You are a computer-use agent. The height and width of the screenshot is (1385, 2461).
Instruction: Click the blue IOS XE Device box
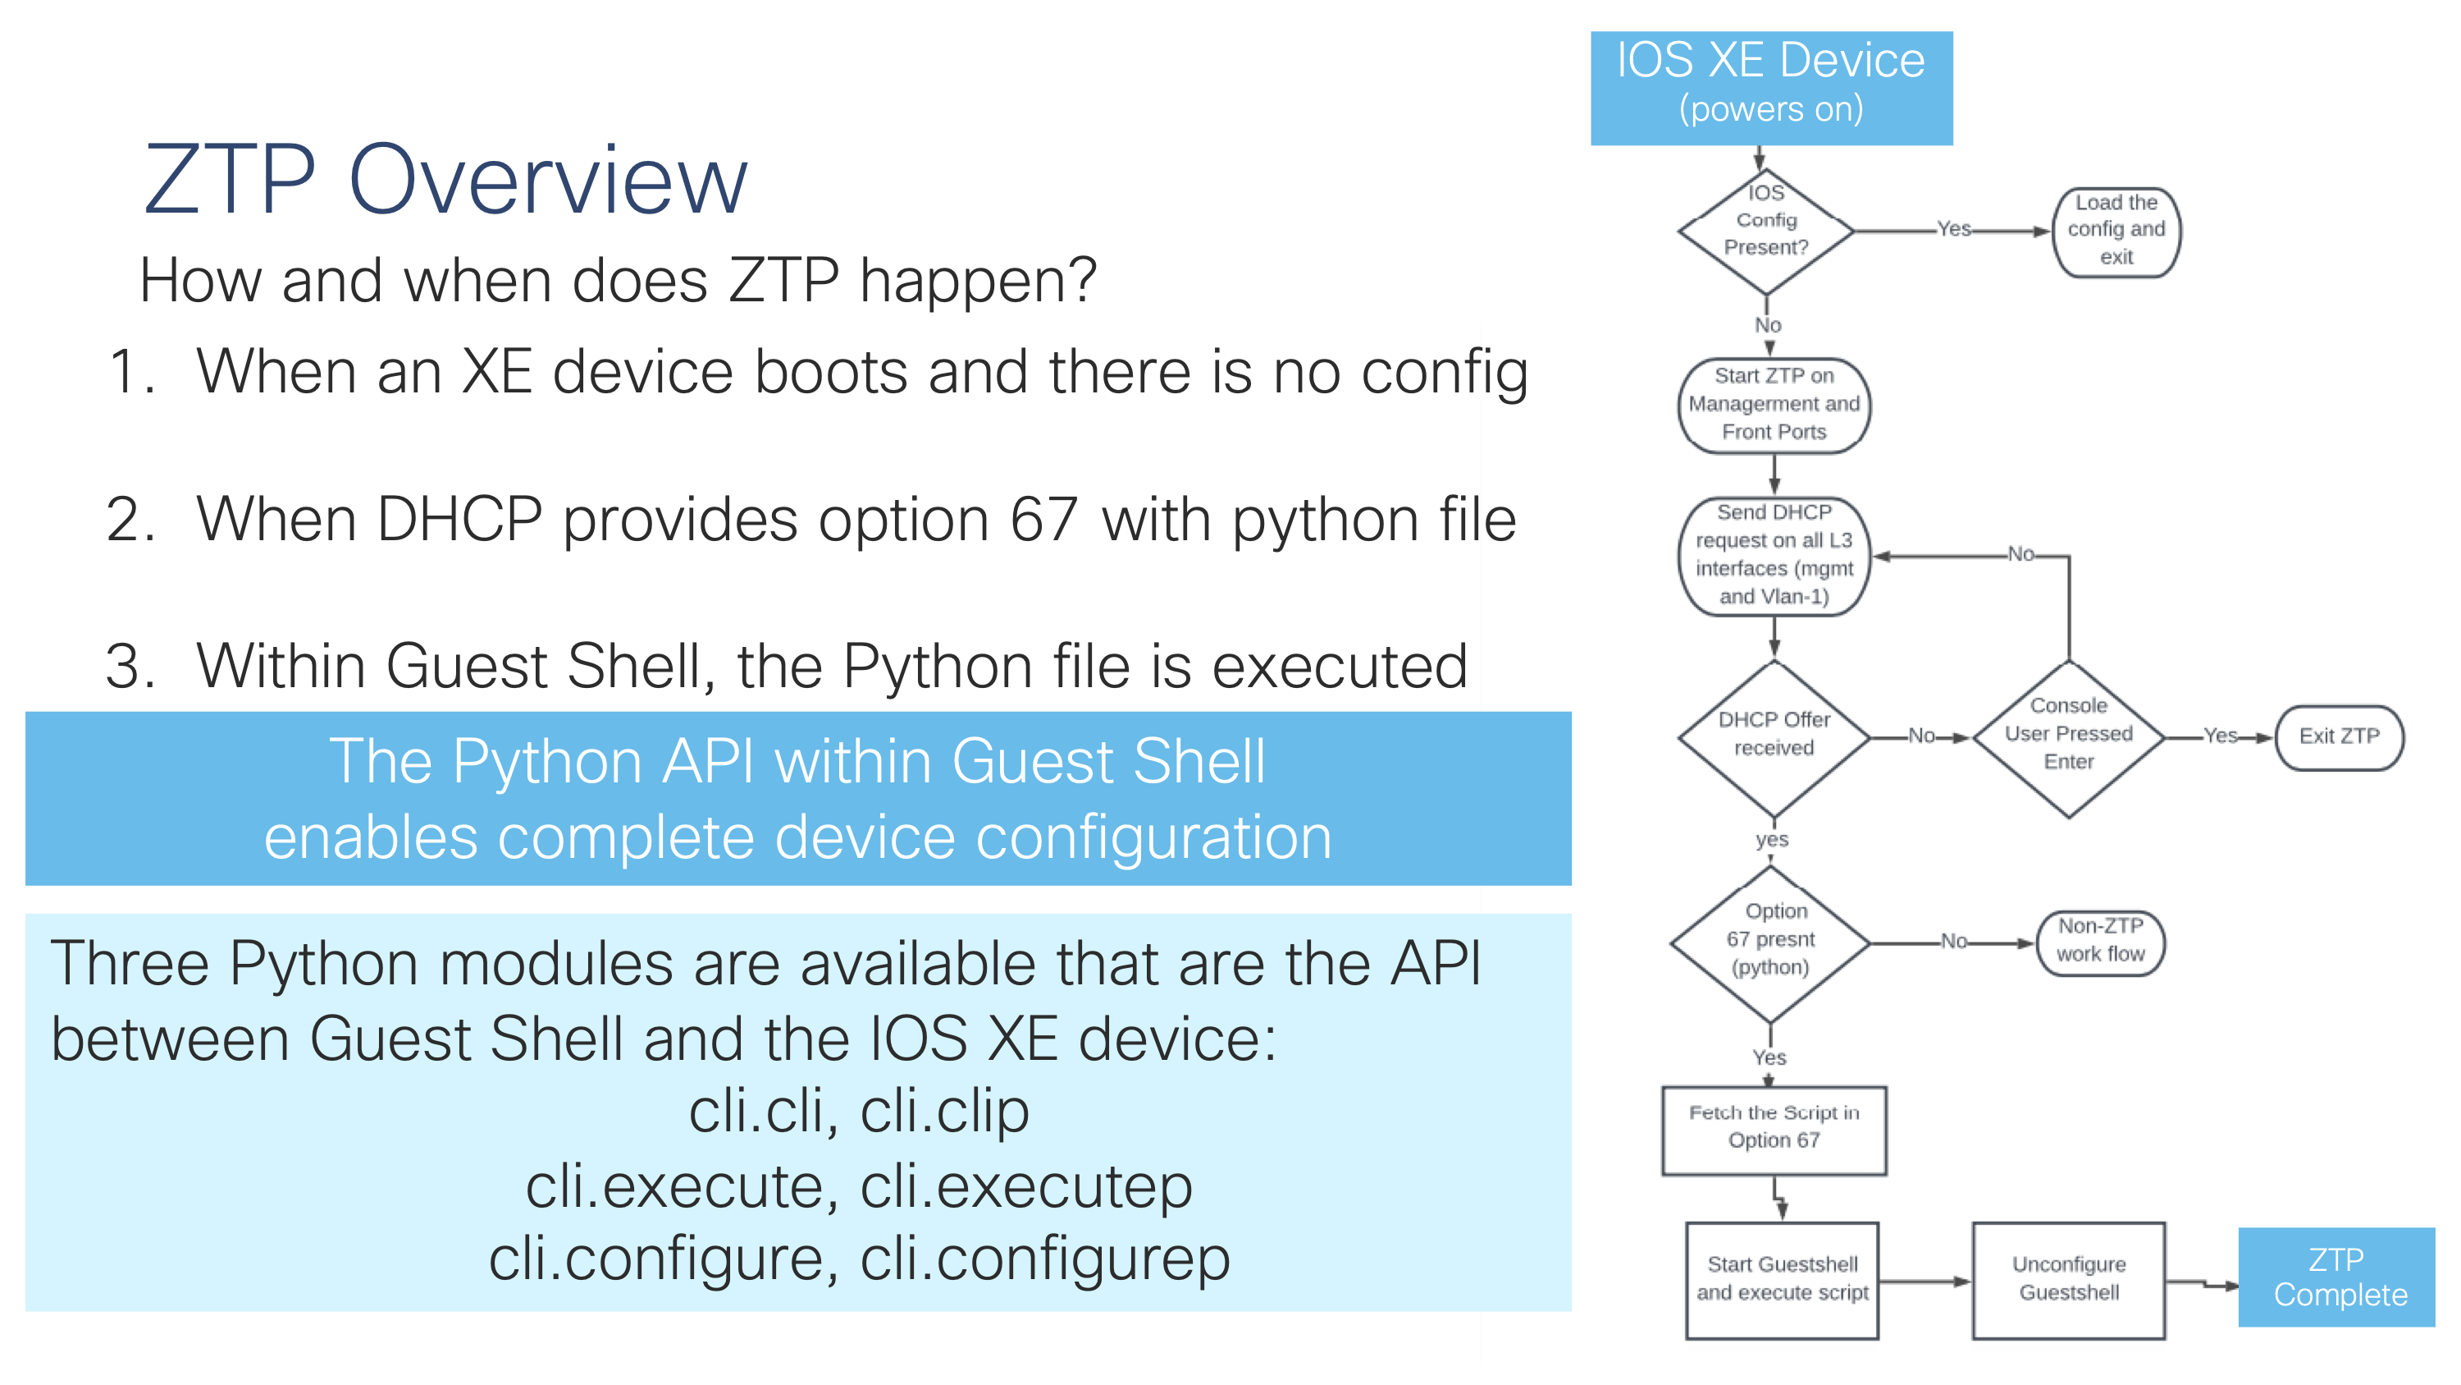click(x=1770, y=88)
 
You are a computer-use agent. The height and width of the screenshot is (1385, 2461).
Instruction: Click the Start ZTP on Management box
click(x=1773, y=404)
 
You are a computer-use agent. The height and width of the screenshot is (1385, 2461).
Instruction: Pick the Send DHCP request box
click(x=1773, y=555)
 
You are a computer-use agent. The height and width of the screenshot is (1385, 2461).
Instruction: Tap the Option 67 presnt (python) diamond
click(x=1770, y=942)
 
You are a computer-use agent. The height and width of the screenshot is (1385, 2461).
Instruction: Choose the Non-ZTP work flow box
click(x=2100, y=942)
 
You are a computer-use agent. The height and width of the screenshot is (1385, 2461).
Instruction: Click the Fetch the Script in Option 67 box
click(x=1773, y=1129)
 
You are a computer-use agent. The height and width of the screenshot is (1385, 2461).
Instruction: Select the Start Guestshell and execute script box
click(x=1782, y=1279)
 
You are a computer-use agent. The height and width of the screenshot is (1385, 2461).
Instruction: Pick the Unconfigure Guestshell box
click(x=2068, y=1279)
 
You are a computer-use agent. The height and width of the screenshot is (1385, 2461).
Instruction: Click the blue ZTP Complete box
click(x=2337, y=1277)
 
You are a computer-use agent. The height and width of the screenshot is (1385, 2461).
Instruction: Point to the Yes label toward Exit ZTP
click(x=2219, y=735)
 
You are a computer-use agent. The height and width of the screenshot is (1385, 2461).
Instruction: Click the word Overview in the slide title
click(x=547, y=180)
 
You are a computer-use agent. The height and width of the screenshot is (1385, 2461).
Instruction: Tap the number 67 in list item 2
click(x=1043, y=521)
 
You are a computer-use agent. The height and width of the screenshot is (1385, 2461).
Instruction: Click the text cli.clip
click(x=944, y=1112)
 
